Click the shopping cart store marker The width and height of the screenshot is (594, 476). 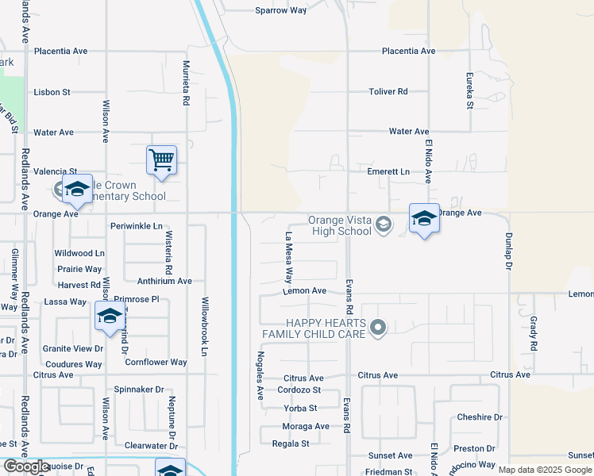(161, 160)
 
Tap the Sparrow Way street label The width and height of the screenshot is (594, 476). (280, 10)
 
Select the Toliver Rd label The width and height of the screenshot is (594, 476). (388, 92)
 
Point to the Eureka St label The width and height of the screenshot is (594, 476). (469, 93)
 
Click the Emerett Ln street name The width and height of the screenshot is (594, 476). (388, 171)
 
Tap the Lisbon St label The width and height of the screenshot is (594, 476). (52, 92)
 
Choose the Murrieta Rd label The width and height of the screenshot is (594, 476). (187, 83)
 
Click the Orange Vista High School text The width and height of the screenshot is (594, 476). (340, 226)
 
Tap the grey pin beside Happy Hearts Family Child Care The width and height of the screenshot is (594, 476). (379, 328)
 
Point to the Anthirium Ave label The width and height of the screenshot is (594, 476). (164, 281)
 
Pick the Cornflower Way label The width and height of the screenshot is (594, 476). (156, 363)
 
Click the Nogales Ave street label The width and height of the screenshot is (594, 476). (259, 374)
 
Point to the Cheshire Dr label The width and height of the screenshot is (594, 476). (480, 417)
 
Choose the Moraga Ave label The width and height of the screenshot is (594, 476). (306, 426)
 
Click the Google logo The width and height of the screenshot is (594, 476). (28, 467)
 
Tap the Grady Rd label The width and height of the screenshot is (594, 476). (533, 335)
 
